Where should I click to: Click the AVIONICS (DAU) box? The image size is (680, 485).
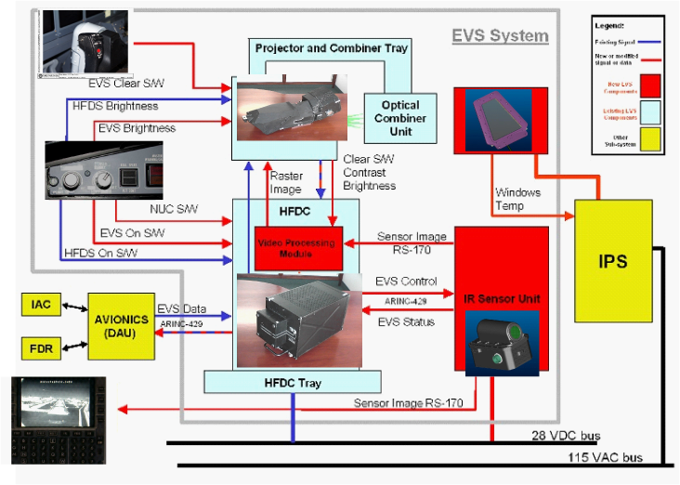click(x=121, y=325)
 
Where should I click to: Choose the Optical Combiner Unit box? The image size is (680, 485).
click(x=400, y=118)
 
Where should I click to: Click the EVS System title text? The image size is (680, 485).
click(x=500, y=36)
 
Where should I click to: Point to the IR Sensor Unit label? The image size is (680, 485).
click(x=502, y=299)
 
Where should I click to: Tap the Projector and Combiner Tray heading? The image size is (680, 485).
click(x=332, y=47)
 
